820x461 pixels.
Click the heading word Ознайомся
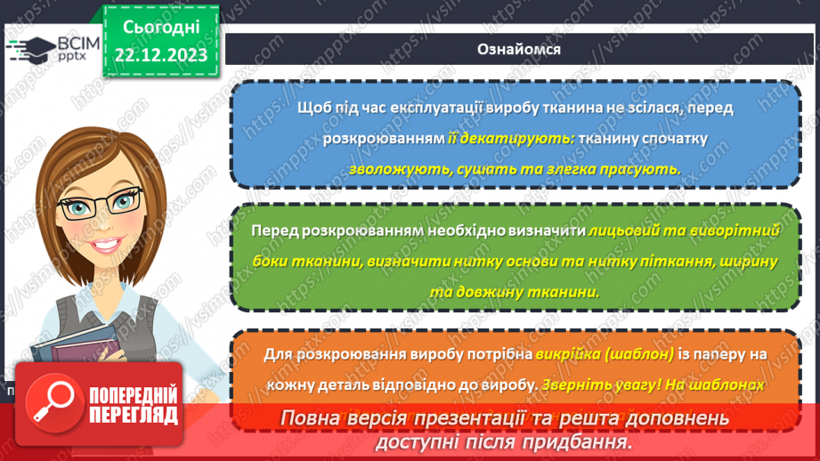pos(519,49)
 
